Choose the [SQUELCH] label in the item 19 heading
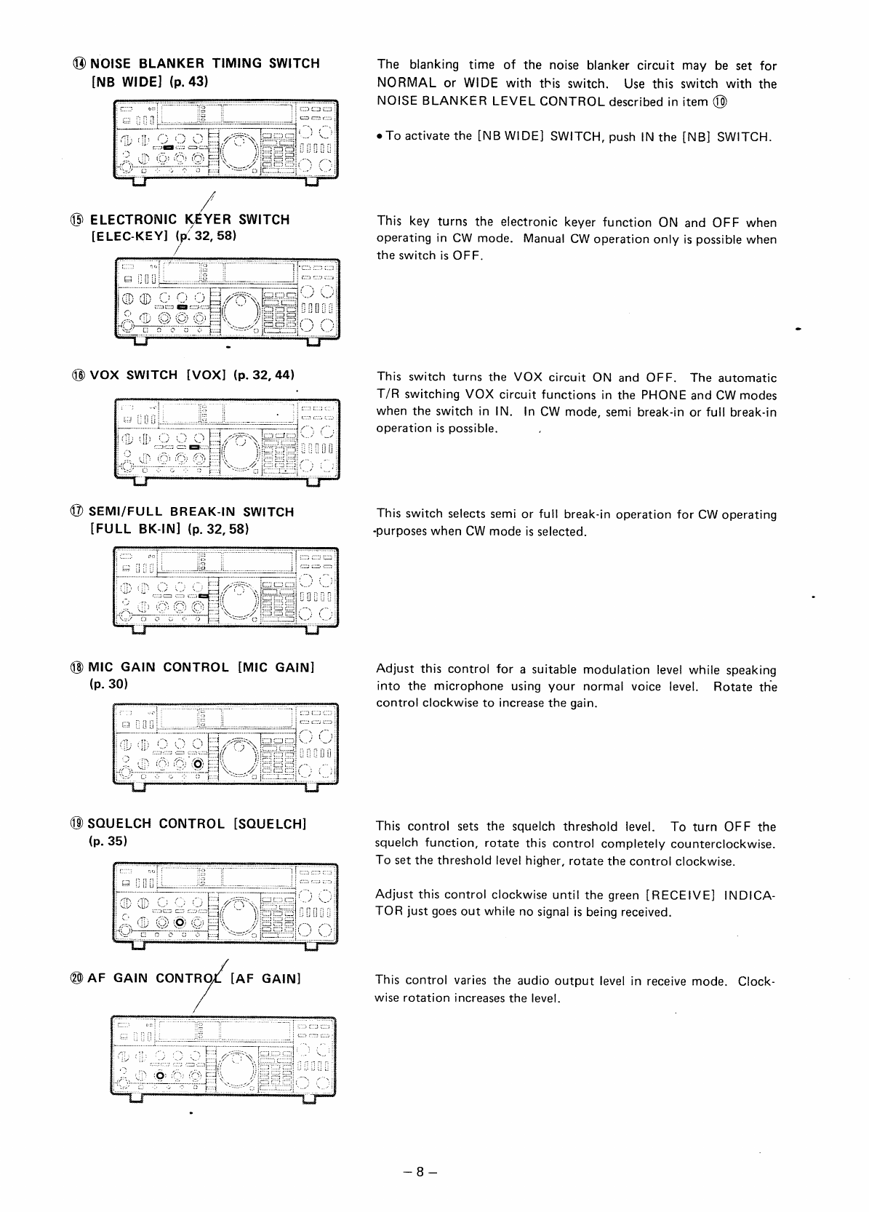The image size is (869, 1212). (270, 824)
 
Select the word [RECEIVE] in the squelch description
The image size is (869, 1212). (680, 894)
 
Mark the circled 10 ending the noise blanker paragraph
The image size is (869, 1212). (721, 101)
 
